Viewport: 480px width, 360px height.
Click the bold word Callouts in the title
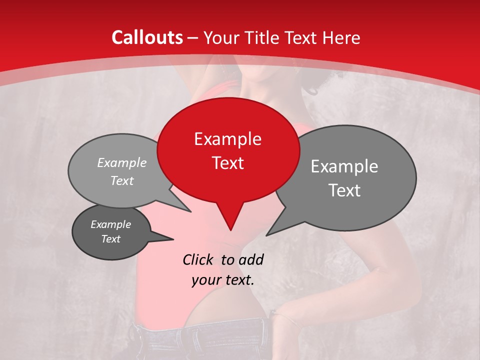click(147, 37)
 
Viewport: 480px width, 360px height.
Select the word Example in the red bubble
click(227, 139)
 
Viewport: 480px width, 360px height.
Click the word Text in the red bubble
click(227, 163)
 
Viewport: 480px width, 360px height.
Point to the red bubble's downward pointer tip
click(230, 230)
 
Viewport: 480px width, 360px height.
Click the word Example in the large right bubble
click(344, 166)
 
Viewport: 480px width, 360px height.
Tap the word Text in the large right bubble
click(344, 190)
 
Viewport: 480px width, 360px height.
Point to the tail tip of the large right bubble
click(266, 235)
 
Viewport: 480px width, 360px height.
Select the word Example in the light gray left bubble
click(122, 162)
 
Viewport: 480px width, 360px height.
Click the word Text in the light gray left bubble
click(122, 180)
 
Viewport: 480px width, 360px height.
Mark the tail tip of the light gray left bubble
click(191, 212)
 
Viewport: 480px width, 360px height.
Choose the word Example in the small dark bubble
click(110, 224)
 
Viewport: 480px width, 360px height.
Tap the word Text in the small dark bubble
click(110, 239)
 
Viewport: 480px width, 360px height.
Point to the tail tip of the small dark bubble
click(173, 239)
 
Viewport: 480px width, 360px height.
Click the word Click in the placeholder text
click(199, 259)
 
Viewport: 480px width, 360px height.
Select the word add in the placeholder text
click(250, 259)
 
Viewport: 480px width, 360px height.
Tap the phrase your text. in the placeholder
click(223, 280)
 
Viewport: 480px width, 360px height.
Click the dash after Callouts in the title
click(193, 38)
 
